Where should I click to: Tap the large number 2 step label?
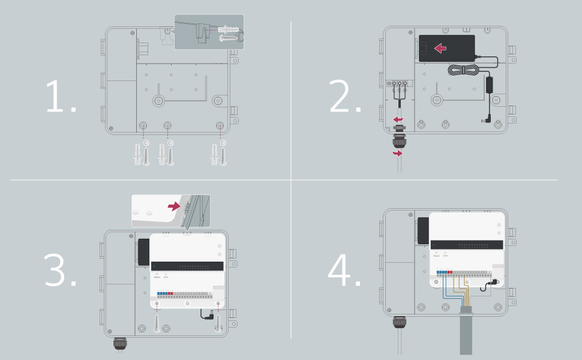pyautogui.click(x=346, y=97)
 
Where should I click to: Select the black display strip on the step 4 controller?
pyautogui.click(x=468, y=244)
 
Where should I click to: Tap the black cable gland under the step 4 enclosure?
pyautogui.click(x=400, y=323)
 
